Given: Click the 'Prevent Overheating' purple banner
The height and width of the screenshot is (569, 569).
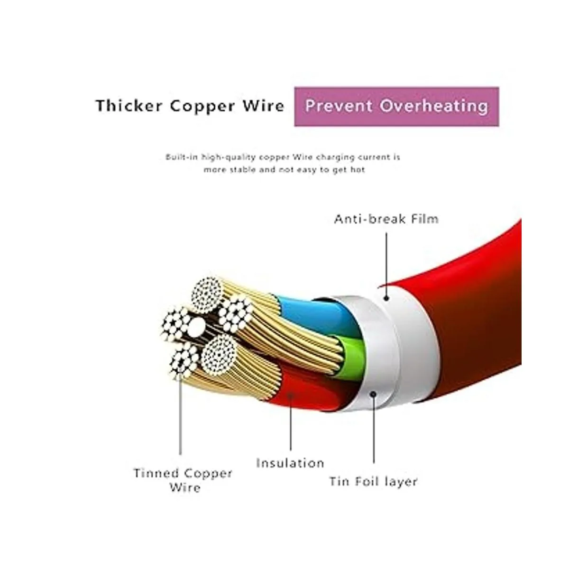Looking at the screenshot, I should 396,106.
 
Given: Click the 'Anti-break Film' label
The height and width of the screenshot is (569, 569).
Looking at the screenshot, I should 386,219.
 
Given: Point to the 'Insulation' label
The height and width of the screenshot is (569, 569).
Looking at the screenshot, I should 290,463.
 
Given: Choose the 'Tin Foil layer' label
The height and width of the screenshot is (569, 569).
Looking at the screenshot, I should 374,481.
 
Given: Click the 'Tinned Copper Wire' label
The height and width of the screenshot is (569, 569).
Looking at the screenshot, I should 183,480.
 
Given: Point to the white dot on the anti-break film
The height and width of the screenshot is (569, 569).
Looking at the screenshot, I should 386,298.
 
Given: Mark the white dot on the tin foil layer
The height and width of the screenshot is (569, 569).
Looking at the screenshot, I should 374,394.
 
